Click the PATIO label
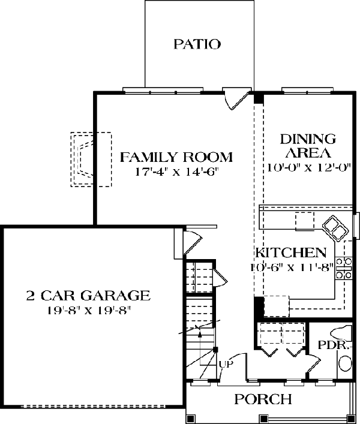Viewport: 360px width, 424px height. pyautogui.click(x=197, y=44)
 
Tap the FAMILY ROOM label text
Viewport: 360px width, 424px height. pyautogui.click(x=176, y=157)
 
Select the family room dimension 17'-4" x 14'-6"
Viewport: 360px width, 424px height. pyautogui.click(x=176, y=172)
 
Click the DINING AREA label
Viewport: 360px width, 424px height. pyautogui.click(x=308, y=146)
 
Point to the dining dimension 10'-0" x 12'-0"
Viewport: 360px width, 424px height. pyautogui.click(x=309, y=168)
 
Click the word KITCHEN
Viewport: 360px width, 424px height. pyautogui.click(x=291, y=252)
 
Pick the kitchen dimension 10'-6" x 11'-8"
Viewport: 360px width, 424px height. pyautogui.click(x=291, y=267)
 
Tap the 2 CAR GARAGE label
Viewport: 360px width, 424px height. pyautogui.click(x=88, y=295)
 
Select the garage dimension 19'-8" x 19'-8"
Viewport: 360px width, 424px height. pyautogui.click(x=89, y=311)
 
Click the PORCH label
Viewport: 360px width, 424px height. pyautogui.click(x=263, y=399)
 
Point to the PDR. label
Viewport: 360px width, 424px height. pyautogui.click(x=332, y=345)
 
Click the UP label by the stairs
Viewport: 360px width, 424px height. pyautogui.click(x=226, y=364)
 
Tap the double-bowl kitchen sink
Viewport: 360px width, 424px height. pyautogui.click(x=335, y=227)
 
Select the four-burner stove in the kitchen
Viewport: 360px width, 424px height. pyautogui.click(x=344, y=268)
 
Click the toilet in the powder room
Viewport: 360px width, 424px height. pyautogui.click(x=342, y=333)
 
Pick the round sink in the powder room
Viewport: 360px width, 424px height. pyautogui.click(x=346, y=363)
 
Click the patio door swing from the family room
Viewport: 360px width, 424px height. pyautogui.click(x=237, y=98)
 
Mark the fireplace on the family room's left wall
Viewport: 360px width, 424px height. pyautogui.click(x=91, y=160)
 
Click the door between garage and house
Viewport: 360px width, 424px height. pyautogui.click(x=193, y=242)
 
